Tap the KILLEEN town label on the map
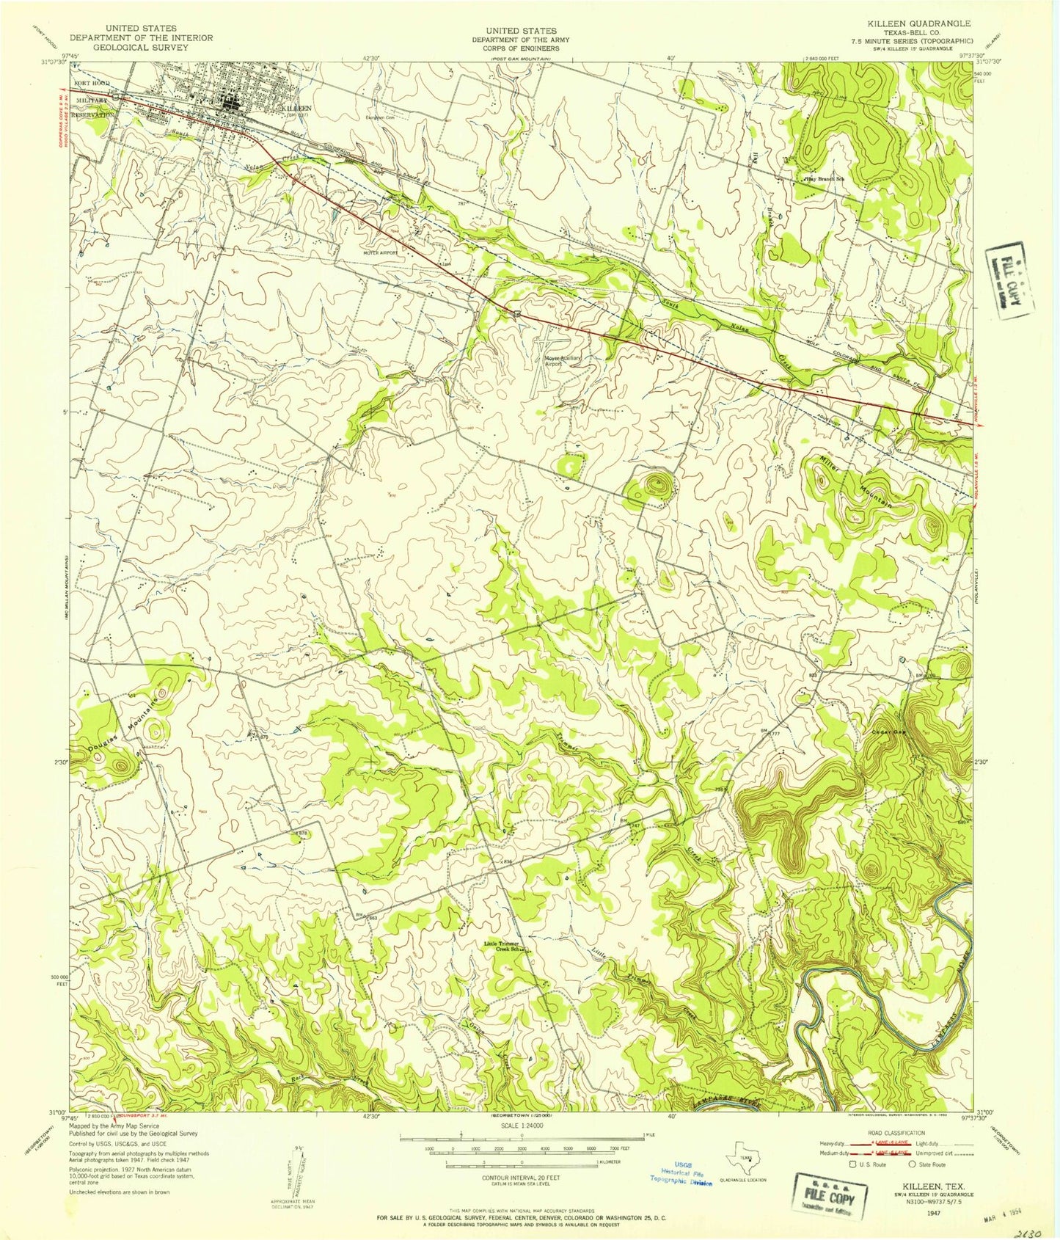pos(296,108)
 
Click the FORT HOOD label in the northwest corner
pos(91,83)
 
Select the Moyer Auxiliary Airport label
pos(562,360)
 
